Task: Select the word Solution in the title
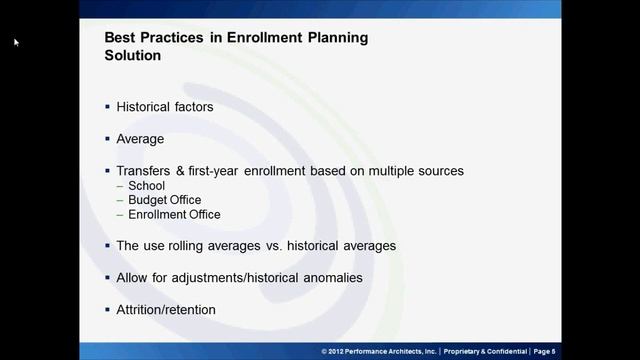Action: click(133, 56)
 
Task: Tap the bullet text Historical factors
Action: click(164, 106)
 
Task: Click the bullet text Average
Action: click(140, 139)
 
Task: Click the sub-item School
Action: click(146, 186)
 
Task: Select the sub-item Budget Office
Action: click(164, 200)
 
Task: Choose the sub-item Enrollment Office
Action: click(174, 214)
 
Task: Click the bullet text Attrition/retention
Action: click(165, 309)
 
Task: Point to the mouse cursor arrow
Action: click(16, 42)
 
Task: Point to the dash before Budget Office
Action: click(120, 200)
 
